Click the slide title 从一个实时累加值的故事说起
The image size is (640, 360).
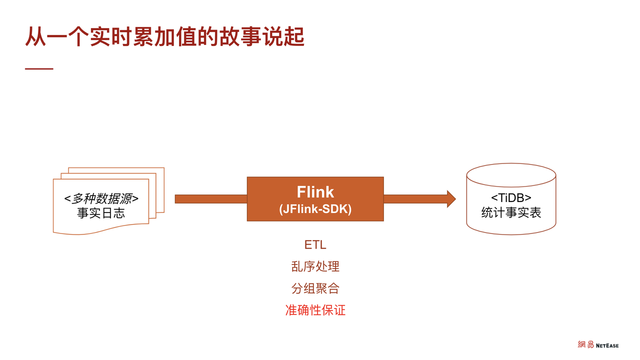(164, 37)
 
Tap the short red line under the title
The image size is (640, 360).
(39, 68)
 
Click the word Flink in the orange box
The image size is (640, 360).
(315, 192)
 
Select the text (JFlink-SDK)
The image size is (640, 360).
(315, 209)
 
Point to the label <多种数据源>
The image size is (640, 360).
(101, 198)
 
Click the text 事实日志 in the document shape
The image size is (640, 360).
(101, 213)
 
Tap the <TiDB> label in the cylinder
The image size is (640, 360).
(511, 197)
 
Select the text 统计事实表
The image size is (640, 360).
(511, 212)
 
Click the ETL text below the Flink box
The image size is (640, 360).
(315, 245)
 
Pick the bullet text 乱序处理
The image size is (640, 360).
(315, 266)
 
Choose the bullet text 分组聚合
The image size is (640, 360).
(315, 288)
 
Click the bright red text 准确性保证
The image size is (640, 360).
(315, 310)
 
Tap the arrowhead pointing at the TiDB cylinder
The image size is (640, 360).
(450, 199)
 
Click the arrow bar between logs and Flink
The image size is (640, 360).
(210, 199)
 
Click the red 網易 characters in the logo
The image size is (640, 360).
(585, 345)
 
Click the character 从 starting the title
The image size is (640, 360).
(35, 37)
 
